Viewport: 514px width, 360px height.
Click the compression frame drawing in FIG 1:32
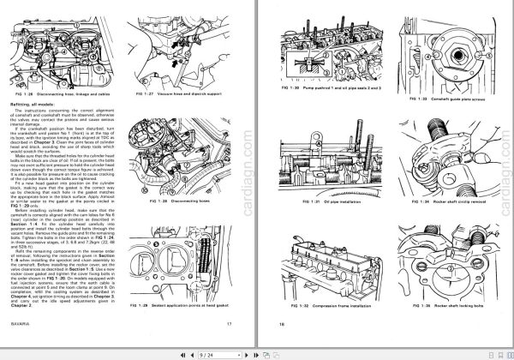334,261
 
